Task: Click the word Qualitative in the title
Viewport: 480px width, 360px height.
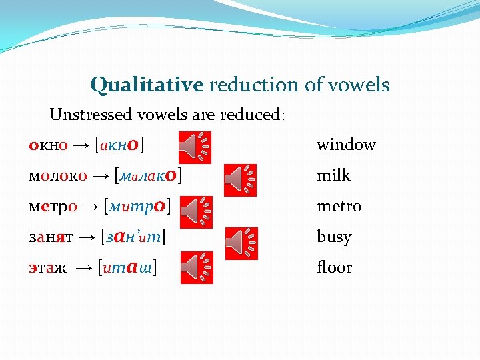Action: coord(147,85)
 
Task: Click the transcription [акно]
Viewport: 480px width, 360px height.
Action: coord(121,144)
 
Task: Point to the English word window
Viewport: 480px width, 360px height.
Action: coord(346,145)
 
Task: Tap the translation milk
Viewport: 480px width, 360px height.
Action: coord(333,175)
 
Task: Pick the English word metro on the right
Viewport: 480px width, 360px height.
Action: coord(339,207)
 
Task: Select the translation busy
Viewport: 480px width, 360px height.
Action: coord(333,237)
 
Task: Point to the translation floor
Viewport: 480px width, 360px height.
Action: coord(334,267)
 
